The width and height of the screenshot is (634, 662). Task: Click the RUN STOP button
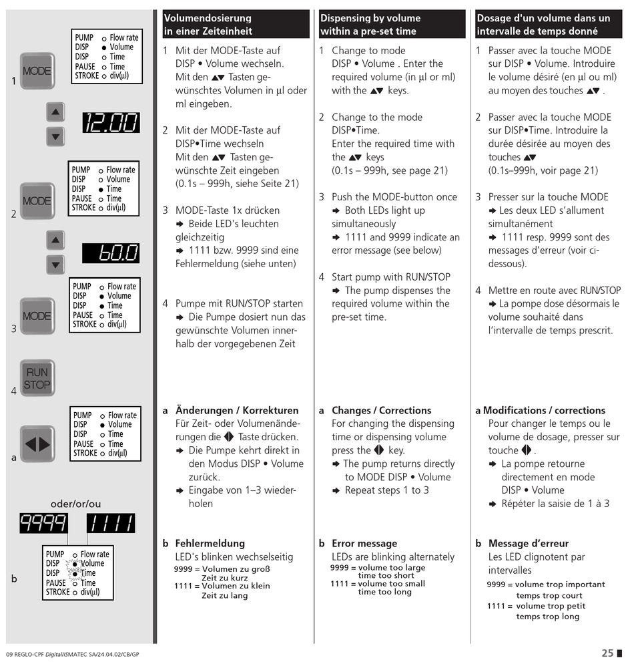(37, 377)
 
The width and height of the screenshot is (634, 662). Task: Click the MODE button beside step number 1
(37, 71)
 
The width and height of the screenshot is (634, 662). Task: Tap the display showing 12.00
(111, 123)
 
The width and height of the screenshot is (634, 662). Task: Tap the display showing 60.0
(111, 253)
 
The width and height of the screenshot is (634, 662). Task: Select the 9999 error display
(43, 523)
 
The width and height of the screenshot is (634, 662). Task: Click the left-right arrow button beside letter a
(37, 444)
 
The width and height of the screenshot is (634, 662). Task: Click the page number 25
(607, 653)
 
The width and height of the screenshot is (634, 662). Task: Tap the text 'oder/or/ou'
(76, 504)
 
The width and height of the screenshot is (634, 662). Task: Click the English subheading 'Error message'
(364, 544)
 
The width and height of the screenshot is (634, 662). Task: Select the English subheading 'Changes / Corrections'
(381, 410)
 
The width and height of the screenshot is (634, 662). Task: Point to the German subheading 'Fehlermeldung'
(210, 544)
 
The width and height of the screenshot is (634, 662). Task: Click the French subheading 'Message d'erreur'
(528, 544)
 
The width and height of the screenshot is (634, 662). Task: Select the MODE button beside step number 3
(37, 315)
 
